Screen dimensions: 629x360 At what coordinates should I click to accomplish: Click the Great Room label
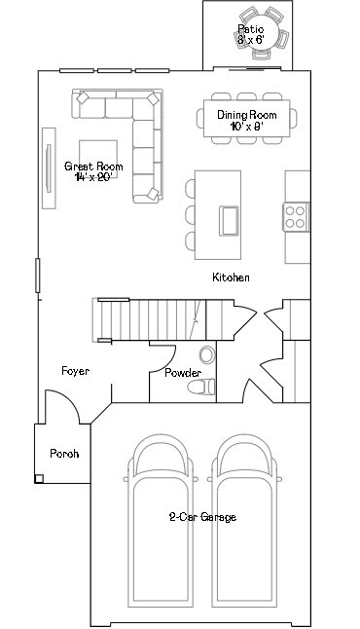(93, 166)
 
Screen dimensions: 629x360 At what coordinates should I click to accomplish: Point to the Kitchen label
(231, 277)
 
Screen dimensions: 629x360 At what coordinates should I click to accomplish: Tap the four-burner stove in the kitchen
(296, 216)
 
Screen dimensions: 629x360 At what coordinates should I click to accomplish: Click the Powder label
(183, 373)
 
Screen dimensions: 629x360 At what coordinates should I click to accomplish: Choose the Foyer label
(76, 371)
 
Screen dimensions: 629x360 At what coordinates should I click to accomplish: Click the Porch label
(64, 454)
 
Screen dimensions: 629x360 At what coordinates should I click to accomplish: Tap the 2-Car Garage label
(202, 517)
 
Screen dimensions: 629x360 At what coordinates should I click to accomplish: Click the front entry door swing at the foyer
(63, 404)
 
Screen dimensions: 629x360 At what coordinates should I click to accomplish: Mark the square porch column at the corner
(40, 478)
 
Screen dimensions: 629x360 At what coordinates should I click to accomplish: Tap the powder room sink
(205, 354)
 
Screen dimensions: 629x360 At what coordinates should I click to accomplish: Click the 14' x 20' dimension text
(93, 178)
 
